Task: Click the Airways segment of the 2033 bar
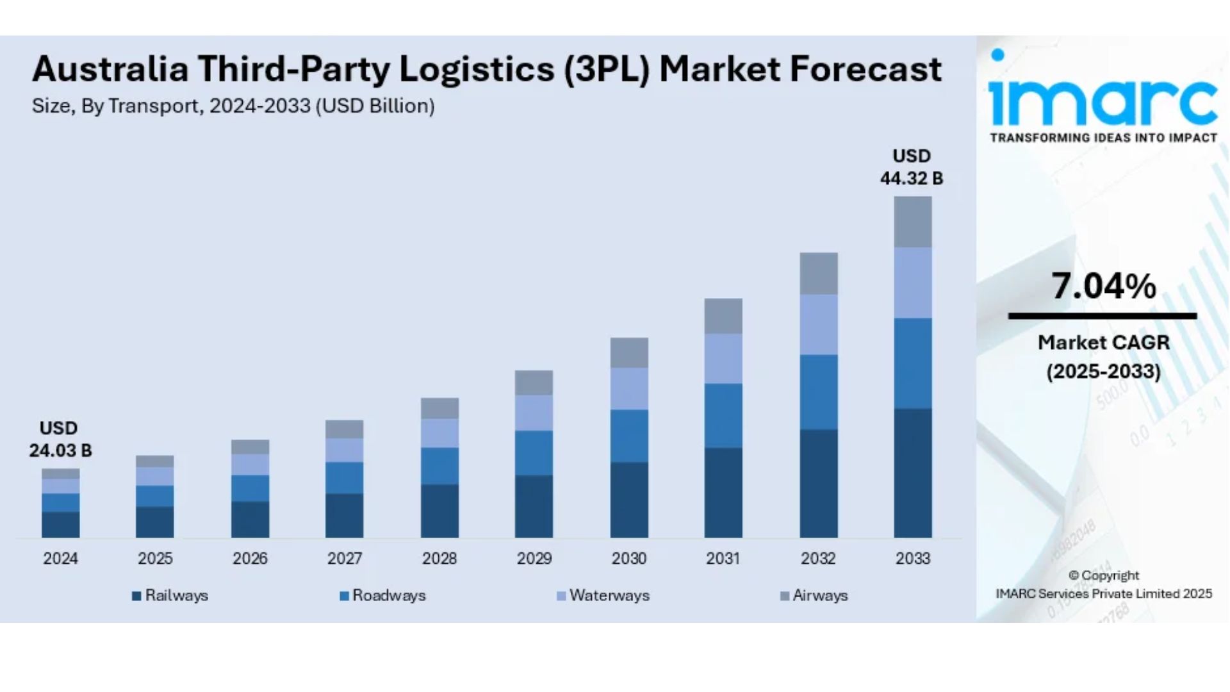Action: pyautogui.click(x=913, y=222)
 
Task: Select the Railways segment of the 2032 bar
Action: pyautogui.click(x=818, y=483)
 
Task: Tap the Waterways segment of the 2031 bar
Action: pyautogui.click(x=723, y=358)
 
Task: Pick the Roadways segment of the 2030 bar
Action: pyautogui.click(x=629, y=436)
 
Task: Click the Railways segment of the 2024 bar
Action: pyautogui.click(x=61, y=524)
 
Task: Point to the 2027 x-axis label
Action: pyautogui.click(x=345, y=559)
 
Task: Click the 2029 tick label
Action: pyautogui.click(x=534, y=559)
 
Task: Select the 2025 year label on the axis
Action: pyautogui.click(x=155, y=559)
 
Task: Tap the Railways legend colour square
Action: pyautogui.click(x=136, y=596)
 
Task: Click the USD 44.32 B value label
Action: pyautogui.click(x=912, y=167)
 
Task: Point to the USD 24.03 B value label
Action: pyautogui.click(x=60, y=440)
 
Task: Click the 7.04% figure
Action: pyautogui.click(x=1103, y=286)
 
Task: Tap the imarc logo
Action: pyautogui.click(x=1103, y=96)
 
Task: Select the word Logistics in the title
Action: pyautogui.click(x=477, y=69)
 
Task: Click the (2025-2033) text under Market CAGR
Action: pyautogui.click(x=1103, y=372)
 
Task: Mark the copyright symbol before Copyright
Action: pyautogui.click(x=1074, y=575)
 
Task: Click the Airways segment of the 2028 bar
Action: pyautogui.click(x=439, y=408)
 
